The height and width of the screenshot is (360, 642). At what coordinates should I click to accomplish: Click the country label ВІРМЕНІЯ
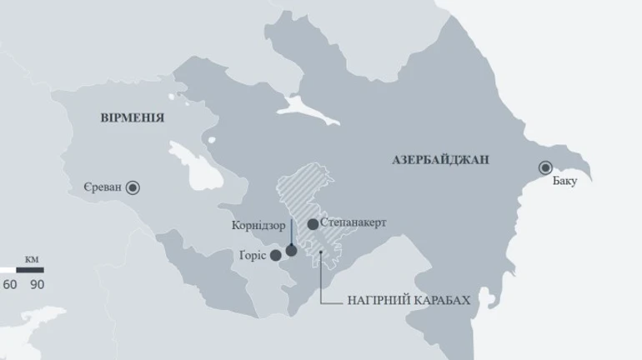pos(133,118)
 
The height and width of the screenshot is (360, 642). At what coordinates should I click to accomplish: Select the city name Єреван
pos(103,187)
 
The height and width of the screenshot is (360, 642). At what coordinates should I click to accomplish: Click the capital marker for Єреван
pos(133,188)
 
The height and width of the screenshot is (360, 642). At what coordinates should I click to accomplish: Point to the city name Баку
pos(564,182)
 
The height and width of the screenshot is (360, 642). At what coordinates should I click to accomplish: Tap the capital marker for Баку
pos(546,167)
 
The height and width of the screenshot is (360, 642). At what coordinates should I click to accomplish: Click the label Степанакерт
pos(354,224)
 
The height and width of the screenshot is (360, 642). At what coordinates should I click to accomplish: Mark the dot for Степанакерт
pos(313,224)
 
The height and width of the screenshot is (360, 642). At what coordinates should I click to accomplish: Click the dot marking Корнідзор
pos(291,250)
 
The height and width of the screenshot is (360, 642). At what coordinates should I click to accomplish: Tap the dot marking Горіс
pos(276,255)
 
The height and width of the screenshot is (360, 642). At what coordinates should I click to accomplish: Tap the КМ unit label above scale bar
pos(32,259)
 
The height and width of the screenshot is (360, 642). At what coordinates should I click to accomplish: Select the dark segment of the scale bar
pos(29,270)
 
